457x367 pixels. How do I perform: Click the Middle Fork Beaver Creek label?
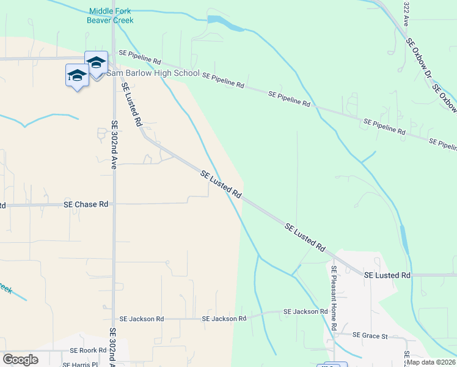click(111, 16)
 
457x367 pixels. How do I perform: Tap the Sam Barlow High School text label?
click(153, 73)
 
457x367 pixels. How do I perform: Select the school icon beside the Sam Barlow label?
click(96, 64)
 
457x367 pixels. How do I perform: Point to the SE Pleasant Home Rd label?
click(334, 298)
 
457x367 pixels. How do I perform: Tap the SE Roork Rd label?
click(89, 351)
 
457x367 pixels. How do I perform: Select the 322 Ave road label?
click(407, 13)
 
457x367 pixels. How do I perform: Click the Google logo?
click(20, 359)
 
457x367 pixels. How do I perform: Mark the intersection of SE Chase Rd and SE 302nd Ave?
click(112, 204)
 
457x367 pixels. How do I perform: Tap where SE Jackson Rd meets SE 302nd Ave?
click(112, 319)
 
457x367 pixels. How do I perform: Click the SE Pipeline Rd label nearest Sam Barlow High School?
click(140, 61)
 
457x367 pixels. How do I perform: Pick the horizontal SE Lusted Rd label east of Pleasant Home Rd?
click(387, 276)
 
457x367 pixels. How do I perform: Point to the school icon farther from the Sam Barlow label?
click(76, 76)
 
